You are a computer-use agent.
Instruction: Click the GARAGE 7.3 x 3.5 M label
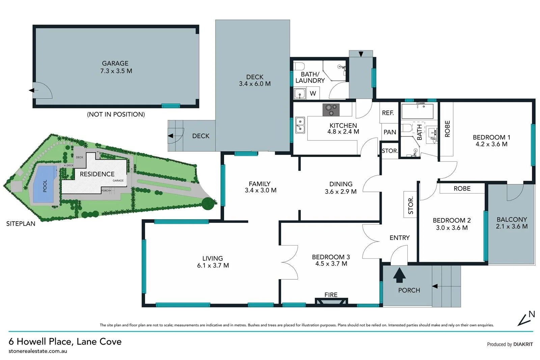116,67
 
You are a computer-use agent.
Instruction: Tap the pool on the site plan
44,185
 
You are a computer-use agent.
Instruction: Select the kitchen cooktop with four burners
331,109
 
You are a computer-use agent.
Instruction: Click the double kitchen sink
300,125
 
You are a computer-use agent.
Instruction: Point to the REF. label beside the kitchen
388,113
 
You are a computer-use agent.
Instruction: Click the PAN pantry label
390,132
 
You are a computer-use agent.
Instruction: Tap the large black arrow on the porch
399,275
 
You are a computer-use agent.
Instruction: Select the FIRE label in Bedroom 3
331,295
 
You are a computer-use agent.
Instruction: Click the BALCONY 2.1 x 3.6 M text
512,223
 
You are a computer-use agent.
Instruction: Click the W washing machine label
313,94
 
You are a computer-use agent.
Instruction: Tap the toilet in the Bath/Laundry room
299,66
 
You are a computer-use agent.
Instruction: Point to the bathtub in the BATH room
417,111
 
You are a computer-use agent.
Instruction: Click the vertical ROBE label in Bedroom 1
448,129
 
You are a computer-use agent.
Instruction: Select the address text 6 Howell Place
65,341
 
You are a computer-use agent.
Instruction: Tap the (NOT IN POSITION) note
116,114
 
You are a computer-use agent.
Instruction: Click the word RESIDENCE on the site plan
97,174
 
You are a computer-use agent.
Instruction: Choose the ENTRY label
399,238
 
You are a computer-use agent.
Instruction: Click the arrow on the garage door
31,90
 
